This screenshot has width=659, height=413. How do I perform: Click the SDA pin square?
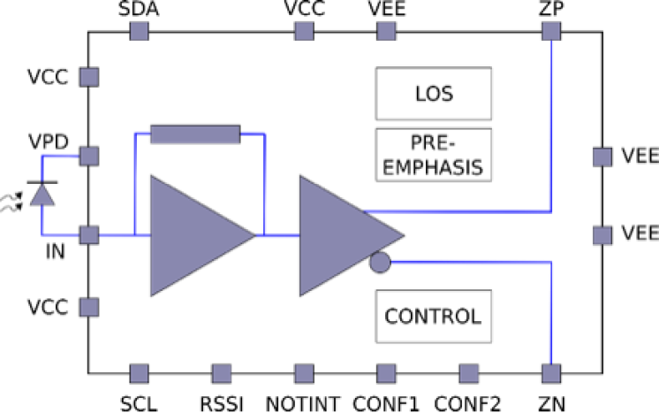[x=139, y=31]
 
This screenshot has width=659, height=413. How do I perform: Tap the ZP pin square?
[x=552, y=31]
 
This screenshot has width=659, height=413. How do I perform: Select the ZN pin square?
[x=552, y=373]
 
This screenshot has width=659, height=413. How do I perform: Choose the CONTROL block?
[x=432, y=316]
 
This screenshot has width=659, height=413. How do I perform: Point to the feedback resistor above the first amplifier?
[x=195, y=134]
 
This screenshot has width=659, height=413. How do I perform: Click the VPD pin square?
[x=89, y=156]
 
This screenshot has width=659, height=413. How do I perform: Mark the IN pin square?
[x=89, y=235]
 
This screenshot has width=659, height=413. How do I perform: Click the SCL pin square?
[x=139, y=373]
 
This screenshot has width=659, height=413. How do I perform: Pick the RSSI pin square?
[x=221, y=373]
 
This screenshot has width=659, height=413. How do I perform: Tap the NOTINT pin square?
[x=304, y=373]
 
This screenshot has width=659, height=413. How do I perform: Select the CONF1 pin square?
[x=386, y=373]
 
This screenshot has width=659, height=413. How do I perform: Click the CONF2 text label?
[x=468, y=403]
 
